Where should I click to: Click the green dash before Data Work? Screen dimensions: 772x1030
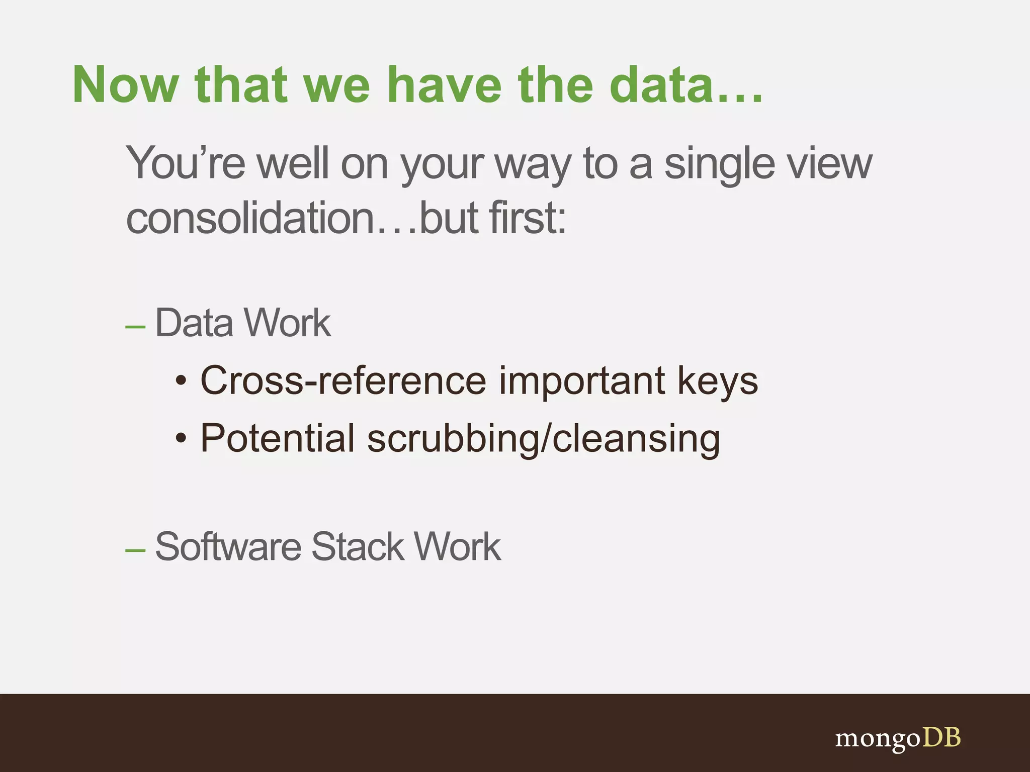[x=135, y=327]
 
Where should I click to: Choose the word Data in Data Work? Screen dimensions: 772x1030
[x=194, y=323]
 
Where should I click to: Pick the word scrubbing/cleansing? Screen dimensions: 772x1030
[x=543, y=438]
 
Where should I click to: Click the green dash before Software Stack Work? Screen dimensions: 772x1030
[x=135, y=551]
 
